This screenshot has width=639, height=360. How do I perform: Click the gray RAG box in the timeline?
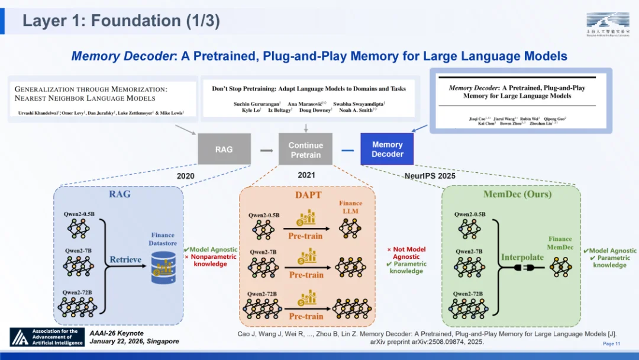click(224, 149)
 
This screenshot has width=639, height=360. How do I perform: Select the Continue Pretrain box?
click(305, 150)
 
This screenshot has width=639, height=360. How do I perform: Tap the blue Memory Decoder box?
click(387, 149)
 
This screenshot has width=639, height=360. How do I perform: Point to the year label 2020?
click(185, 176)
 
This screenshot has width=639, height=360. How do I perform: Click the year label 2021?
click(306, 175)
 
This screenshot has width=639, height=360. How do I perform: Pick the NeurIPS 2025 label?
click(430, 176)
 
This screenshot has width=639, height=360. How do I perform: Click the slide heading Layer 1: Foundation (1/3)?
click(121, 21)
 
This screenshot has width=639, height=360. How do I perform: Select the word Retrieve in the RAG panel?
click(125, 259)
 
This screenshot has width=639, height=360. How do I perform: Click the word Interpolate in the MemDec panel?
click(522, 257)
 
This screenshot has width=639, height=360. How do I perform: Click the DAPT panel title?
click(307, 195)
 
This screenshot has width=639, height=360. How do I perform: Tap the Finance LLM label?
click(350, 207)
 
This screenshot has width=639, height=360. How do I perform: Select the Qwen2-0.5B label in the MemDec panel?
click(470, 214)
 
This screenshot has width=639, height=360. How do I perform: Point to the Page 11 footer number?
click(611, 344)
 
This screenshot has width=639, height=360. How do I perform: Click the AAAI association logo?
click(47, 337)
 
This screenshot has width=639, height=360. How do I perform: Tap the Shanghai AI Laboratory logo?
click(608, 24)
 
